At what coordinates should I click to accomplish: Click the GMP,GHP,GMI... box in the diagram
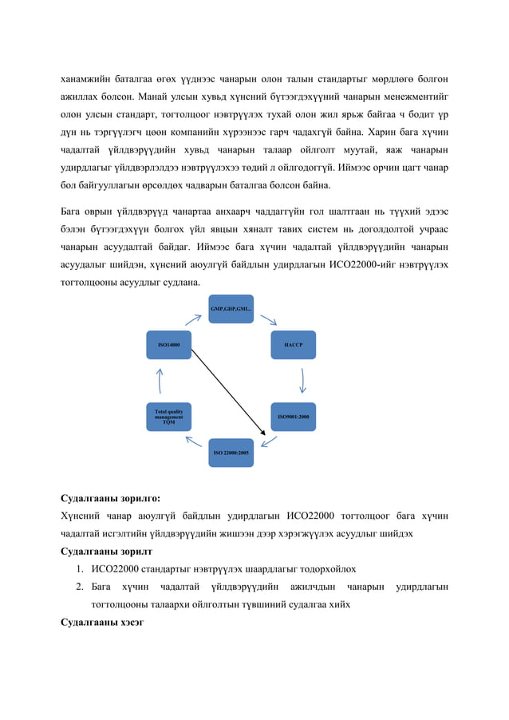point(231,309)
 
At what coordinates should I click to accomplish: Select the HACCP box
point(293,345)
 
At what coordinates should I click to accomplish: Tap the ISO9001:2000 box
point(293,416)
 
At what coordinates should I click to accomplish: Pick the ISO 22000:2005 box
point(231,453)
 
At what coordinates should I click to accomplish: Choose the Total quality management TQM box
point(168,416)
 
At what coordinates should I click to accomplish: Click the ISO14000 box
point(168,345)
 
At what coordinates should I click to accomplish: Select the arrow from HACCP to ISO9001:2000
point(302,380)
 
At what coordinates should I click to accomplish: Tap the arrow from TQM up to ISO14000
point(160,381)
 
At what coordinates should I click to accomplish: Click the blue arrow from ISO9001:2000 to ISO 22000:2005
point(269,441)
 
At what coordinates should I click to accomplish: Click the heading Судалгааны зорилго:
point(110,497)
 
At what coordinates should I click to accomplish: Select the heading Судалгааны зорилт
point(107,552)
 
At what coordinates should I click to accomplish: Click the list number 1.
point(81,569)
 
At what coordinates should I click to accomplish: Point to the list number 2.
point(81,587)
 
